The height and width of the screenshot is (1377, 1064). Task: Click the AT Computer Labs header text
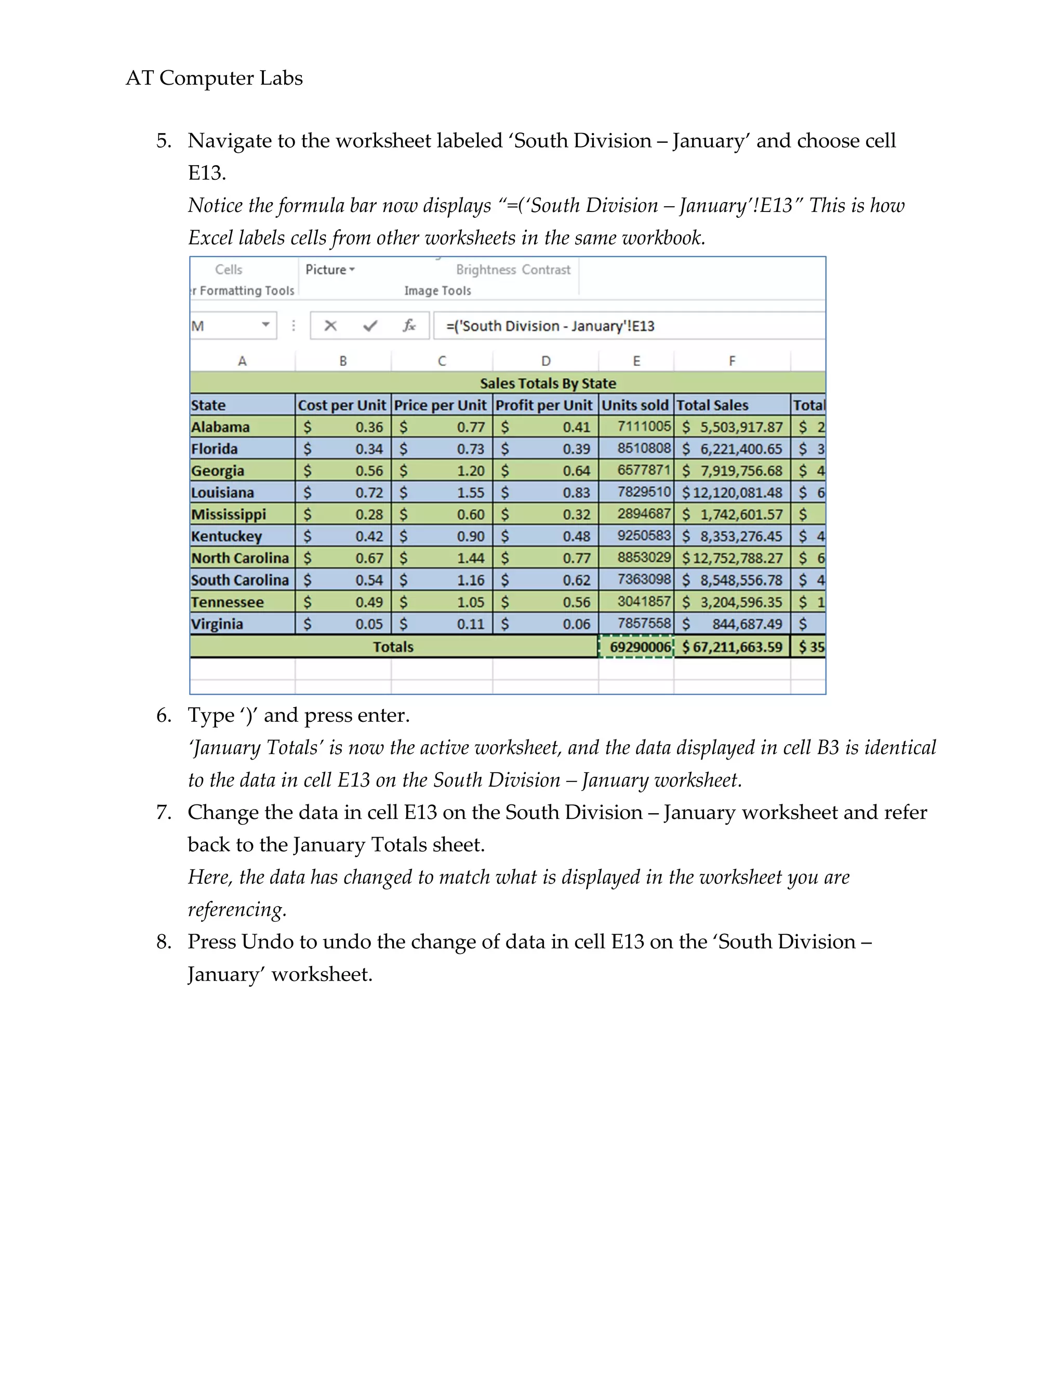[215, 78]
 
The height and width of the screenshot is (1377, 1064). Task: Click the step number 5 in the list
[163, 141]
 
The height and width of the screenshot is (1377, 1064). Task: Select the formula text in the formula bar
[550, 326]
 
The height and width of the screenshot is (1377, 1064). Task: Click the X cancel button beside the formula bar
[330, 326]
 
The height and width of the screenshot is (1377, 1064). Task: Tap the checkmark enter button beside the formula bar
[370, 326]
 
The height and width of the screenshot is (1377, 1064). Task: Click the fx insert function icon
[409, 326]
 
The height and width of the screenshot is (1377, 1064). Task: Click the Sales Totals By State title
[548, 383]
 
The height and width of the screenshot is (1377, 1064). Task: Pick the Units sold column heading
[635, 405]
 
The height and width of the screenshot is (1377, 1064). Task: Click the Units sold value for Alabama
[644, 427]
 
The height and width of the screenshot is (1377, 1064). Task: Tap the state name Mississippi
[228, 514]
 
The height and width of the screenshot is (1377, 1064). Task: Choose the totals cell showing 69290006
[640, 647]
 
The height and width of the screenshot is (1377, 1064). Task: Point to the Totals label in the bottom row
[393, 647]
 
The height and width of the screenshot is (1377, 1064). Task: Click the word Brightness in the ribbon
[485, 270]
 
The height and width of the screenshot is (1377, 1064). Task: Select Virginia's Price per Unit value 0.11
[470, 624]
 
